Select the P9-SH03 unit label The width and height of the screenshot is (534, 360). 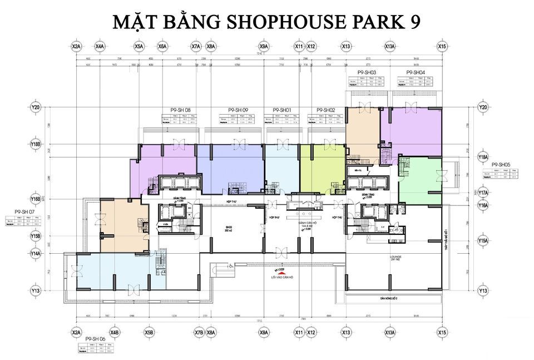pyautogui.click(x=367, y=73)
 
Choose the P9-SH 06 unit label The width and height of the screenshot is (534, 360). pyautogui.click(x=95, y=338)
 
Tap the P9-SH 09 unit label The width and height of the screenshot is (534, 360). pyautogui.click(x=238, y=110)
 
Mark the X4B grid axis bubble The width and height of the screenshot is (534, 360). pyautogui.click(x=115, y=333)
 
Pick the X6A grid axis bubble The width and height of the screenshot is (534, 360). pyautogui.click(x=162, y=46)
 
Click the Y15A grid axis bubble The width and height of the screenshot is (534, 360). pyautogui.click(x=483, y=241)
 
